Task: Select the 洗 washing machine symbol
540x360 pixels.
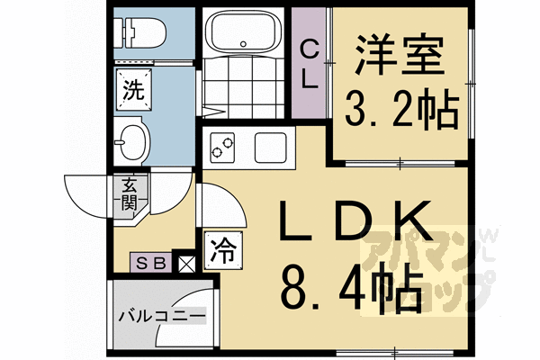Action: pyautogui.click(x=131, y=90)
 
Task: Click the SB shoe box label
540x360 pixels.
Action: pyautogui.click(x=150, y=263)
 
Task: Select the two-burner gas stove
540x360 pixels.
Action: pyautogui.click(x=222, y=144)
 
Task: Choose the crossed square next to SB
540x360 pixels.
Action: pyautogui.click(x=187, y=263)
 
